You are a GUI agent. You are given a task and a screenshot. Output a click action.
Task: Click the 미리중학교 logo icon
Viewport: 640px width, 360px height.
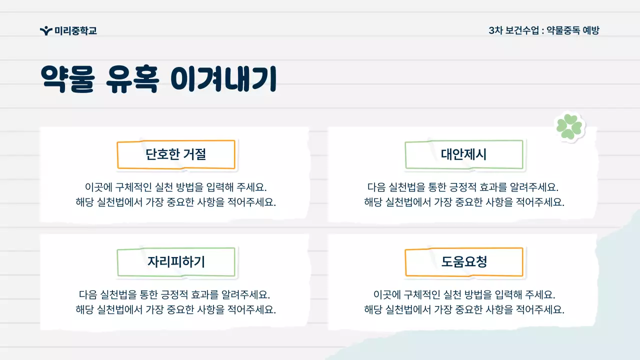(x=46, y=31)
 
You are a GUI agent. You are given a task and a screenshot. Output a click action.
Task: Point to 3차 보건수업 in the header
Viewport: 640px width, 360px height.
(x=513, y=30)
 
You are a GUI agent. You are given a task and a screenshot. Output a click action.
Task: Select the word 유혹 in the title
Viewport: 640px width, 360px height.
(x=132, y=79)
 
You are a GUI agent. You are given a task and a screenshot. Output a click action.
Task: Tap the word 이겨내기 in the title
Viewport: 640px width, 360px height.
(x=223, y=79)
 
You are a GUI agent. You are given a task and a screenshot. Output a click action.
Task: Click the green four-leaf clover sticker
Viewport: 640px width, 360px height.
(x=569, y=126)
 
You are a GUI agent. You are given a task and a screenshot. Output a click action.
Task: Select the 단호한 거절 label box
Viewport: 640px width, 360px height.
(x=176, y=154)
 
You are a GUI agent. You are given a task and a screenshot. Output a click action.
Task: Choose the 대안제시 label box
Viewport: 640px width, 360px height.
(x=463, y=154)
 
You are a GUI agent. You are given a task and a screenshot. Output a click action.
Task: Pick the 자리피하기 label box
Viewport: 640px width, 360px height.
(x=176, y=261)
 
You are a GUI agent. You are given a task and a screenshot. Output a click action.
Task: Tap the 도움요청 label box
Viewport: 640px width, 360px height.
(x=463, y=261)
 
